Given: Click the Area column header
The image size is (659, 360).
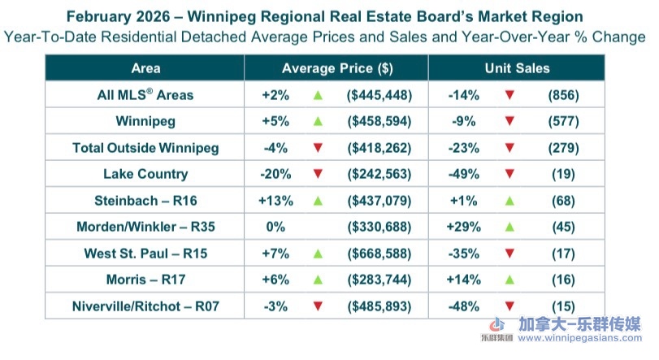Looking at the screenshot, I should click(145, 69).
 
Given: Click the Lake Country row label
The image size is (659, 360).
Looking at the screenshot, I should click(145, 174).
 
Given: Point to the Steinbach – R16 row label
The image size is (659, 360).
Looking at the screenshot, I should click(145, 201).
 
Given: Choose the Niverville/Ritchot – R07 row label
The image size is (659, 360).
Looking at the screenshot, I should click(145, 306).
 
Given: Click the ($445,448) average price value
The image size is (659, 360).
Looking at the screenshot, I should click(379, 95).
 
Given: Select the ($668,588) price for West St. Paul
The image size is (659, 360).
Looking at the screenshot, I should click(379, 254).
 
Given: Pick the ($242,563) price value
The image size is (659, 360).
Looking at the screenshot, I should click(379, 174).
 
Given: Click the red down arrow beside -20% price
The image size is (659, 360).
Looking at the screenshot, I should click(318, 174).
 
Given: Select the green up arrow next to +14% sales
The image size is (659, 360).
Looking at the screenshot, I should click(509, 280).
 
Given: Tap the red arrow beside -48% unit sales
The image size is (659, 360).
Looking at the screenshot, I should click(509, 306).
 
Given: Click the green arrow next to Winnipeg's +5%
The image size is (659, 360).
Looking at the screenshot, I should click(318, 122).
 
